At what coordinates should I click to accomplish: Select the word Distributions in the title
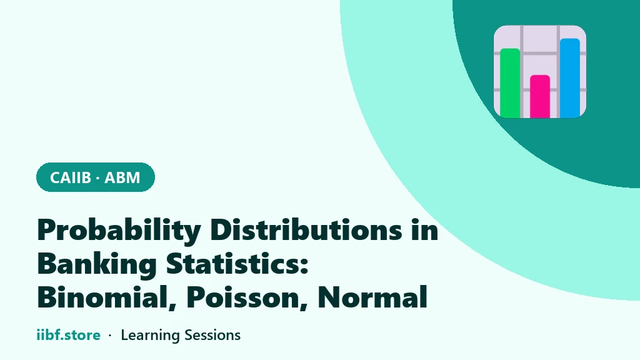coord(306,229)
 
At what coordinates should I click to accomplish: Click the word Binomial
coord(101,297)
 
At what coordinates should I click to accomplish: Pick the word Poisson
coord(243,297)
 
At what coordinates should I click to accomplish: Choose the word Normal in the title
coord(372,297)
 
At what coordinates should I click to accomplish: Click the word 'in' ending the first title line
coord(425,229)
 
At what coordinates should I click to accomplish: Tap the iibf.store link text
coord(69,335)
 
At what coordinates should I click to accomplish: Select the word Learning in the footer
coord(150,336)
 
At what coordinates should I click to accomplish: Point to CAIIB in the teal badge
coord(71,177)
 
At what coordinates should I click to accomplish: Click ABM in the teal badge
coord(122,177)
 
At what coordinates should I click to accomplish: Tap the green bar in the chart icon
coord(510,83)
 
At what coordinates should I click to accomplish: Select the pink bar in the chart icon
coord(540,96)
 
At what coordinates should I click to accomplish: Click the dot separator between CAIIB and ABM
coord(98,178)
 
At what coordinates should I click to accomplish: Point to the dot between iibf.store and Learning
coord(110,336)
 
